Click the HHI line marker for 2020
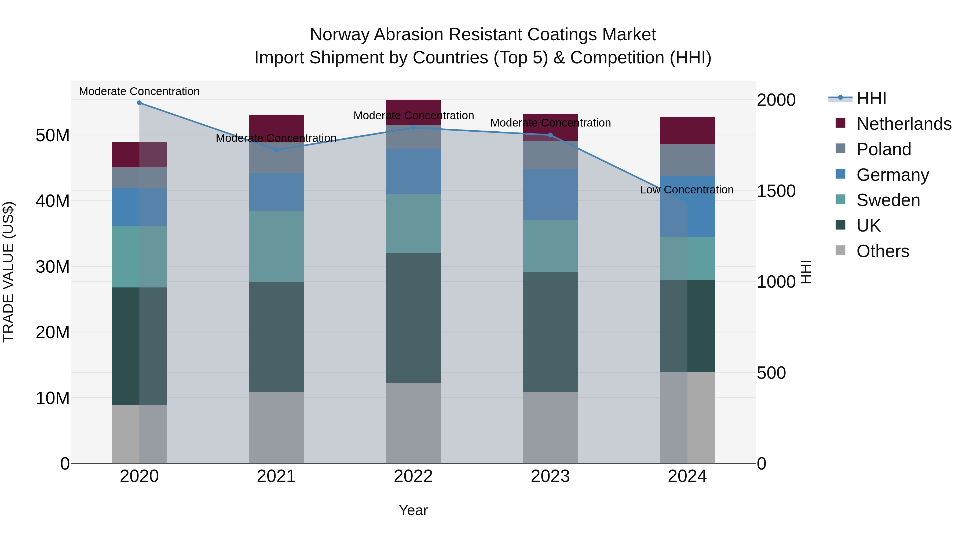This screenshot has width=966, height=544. click(139, 103)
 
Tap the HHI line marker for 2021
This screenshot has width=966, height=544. click(276, 150)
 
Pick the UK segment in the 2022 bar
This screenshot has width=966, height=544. click(413, 318)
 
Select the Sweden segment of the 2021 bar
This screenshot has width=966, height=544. click(276, 246)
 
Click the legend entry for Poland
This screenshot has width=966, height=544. click(884, 149)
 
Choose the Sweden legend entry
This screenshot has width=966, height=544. click(888, 200)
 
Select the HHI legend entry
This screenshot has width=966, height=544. click(871, 98)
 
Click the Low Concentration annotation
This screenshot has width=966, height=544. click(687, 190)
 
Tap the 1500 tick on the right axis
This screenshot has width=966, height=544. click(776, 191)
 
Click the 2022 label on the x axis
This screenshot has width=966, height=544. click(413, 476)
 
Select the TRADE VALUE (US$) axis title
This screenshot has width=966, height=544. click(8, 272)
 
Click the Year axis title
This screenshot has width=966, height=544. click(413, 510)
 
